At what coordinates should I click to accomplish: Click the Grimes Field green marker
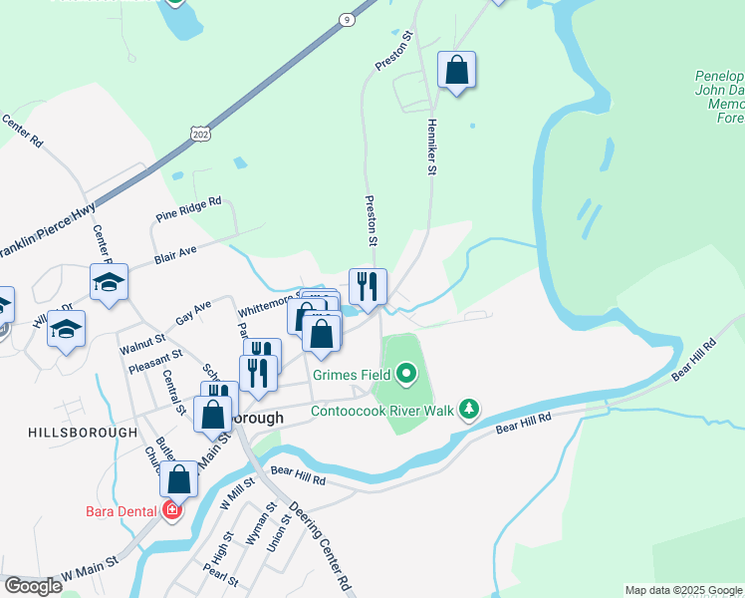click(405, 376)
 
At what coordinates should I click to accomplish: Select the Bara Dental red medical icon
click(172, 511)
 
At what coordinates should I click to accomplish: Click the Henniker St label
click(432, 149)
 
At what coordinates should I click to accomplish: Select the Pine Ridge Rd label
click(188, 209)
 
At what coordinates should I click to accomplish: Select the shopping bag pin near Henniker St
click(456, 70)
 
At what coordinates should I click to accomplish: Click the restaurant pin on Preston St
click(368, 286)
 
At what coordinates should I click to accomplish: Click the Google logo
click(33, 586)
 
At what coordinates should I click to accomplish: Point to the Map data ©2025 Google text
click(683, 590)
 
